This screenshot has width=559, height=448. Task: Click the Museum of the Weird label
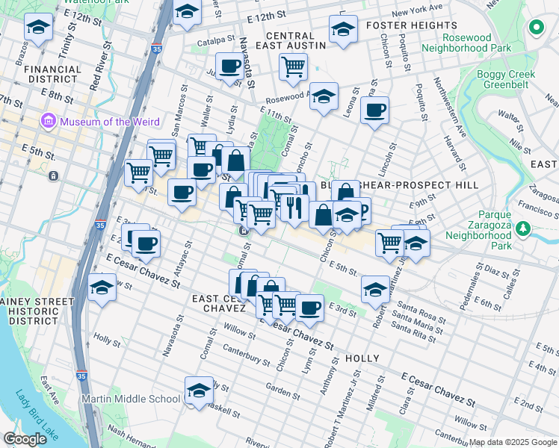106,121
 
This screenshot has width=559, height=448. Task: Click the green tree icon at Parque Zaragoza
525,228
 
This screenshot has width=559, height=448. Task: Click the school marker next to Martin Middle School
198,391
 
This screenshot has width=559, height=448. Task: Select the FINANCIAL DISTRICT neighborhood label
52,75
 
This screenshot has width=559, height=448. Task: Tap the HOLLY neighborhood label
363,358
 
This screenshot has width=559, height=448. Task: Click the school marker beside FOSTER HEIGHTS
343,31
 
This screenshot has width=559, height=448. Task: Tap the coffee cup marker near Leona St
374,111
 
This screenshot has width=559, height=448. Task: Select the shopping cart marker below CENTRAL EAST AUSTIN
293,67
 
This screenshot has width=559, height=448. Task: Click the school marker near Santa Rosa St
375,289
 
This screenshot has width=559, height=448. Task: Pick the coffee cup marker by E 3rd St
309,307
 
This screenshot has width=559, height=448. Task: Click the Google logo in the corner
25,439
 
